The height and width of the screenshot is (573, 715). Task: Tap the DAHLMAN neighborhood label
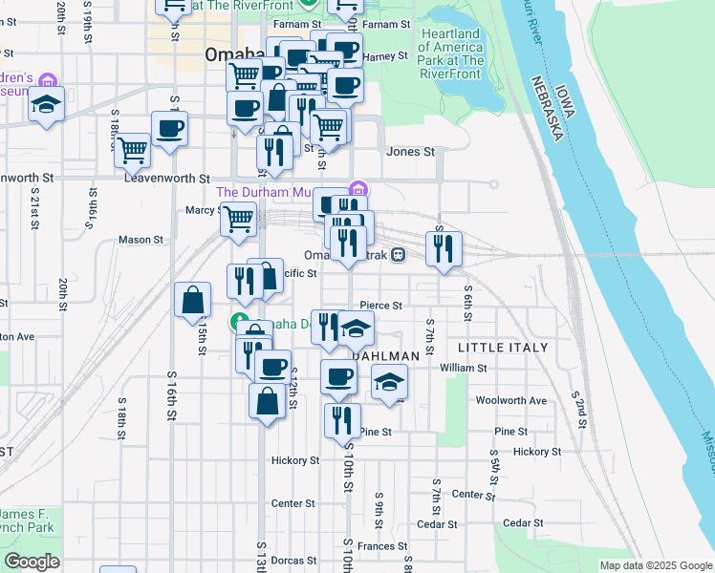[386, 356]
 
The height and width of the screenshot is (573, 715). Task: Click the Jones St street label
[410, 152]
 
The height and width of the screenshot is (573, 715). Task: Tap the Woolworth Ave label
[510, 400]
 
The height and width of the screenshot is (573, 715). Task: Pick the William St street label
[464, 367]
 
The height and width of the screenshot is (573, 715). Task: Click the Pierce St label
[381, 306]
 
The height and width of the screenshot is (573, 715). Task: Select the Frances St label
[382, 546]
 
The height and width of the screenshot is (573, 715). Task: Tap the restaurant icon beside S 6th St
[444, 249]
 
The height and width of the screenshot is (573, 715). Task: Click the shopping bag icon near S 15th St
[193, 299]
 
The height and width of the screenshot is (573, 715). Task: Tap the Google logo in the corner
[32, 561]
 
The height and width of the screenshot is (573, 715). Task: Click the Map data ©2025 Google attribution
[655, 565]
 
